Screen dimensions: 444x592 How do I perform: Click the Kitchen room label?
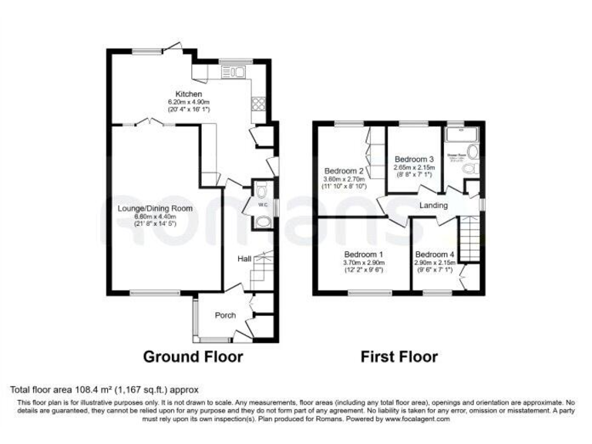click(188, 94)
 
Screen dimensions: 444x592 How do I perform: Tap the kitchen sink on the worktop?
click(232, 73)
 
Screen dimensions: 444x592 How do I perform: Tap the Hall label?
click(244, 258)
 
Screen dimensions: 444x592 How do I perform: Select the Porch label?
click(225, 314)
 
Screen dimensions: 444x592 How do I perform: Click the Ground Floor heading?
click(193, 357)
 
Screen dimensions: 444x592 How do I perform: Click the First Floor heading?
click(399, 357)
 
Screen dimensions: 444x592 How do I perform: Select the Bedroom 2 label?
click(344, 170)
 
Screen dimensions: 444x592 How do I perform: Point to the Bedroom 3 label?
click(415, 159)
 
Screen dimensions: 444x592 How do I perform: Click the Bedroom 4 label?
click(435, 254)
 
